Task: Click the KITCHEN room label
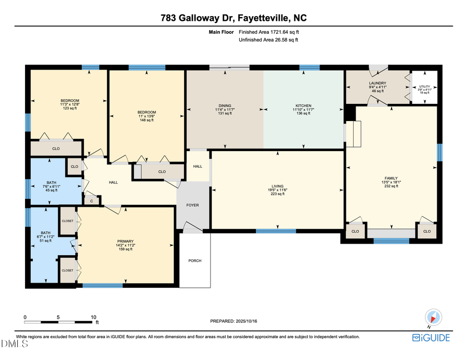(x=303, y=105)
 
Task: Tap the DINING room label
(x=225, y=105)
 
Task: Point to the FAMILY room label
(x=391, y=177)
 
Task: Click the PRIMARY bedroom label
(x=125, y=241)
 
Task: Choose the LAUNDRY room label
(x=377, y=83)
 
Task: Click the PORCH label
(x=195, y=261)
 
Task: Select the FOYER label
(x=193, y=205)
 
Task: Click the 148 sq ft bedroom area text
(x=147, y=120)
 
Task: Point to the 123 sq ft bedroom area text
(x=70, y=108)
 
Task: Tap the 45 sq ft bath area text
(x=52, y=190)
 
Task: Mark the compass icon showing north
(x=433, y=317)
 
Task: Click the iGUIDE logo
(x=431, y=338)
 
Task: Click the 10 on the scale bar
(x=94, y=317)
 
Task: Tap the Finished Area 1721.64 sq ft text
(x=269, y=32)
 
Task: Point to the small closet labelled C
(x=92, y=201)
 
